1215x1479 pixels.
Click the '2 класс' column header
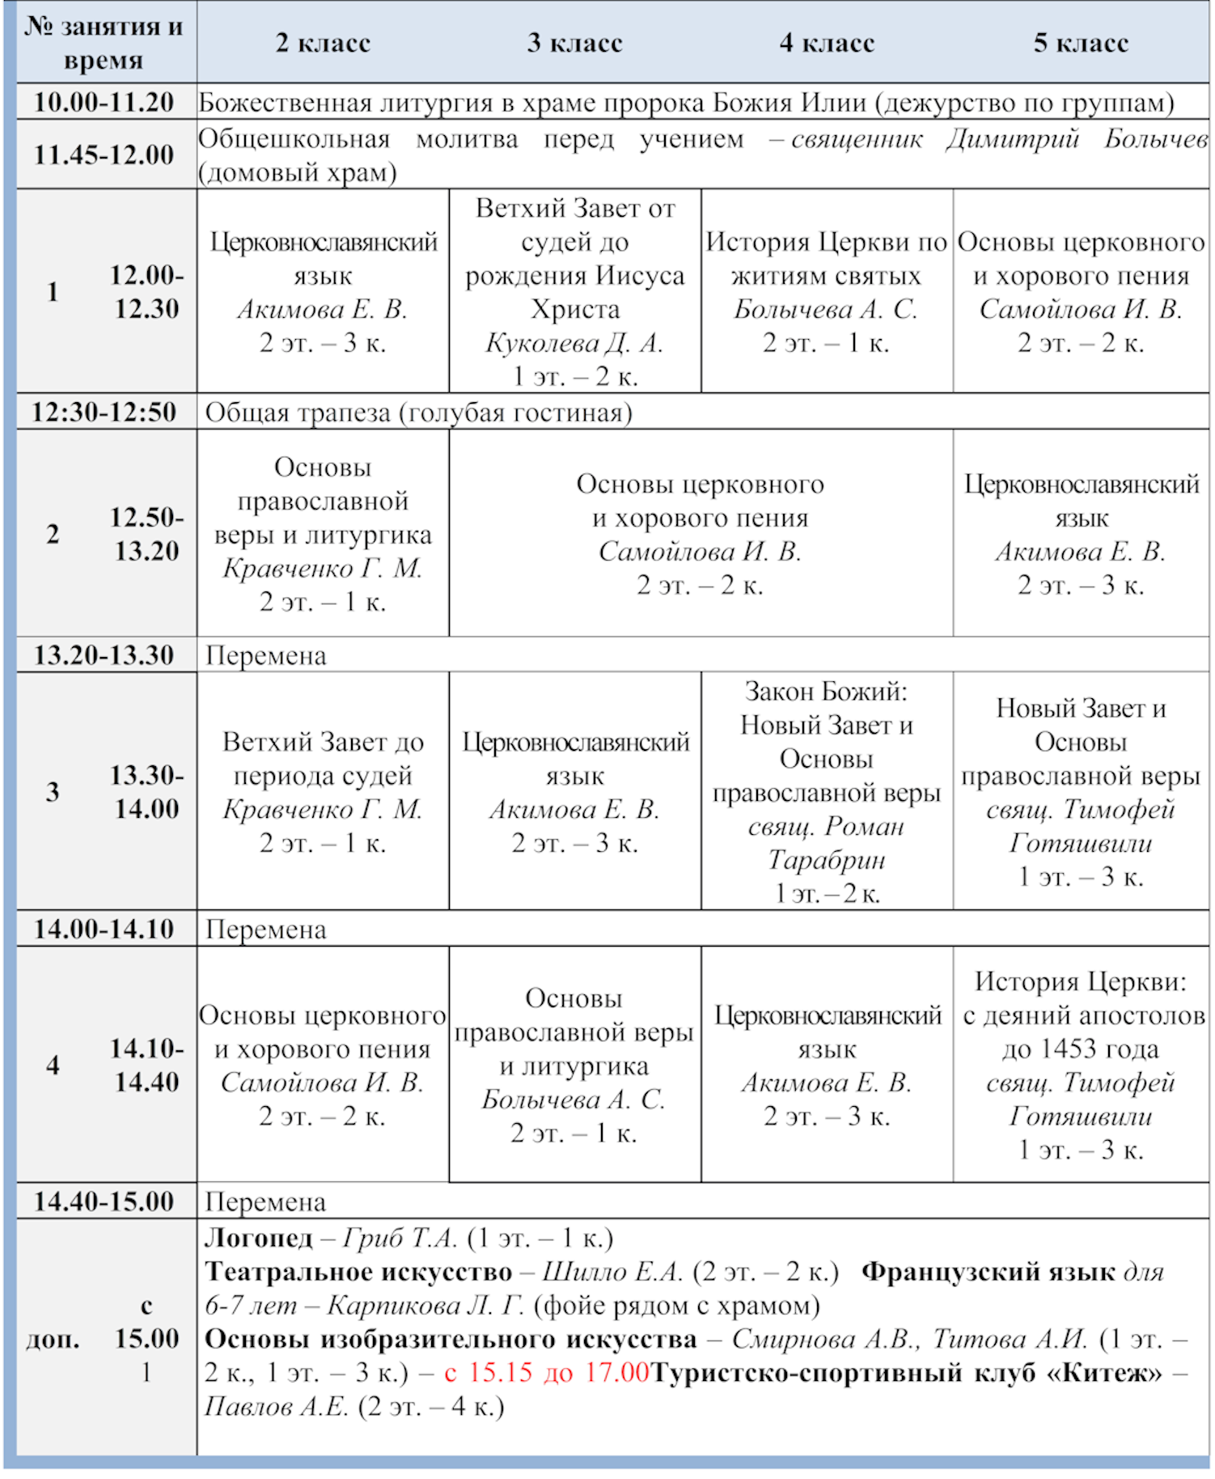(323, 43)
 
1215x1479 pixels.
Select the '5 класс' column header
(1081, 43)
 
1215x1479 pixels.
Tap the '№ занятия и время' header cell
(104, 43)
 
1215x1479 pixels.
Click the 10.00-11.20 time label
(104, 103)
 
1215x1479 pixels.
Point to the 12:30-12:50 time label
(104, 412)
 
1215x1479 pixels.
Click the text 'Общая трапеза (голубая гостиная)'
(418, 413)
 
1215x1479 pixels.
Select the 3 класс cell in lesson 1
(574, 292)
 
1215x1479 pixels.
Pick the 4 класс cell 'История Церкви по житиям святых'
(826, 292)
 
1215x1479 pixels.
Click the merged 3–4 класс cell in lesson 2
(700, 534)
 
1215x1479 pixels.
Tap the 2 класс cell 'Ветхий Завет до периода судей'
(323, 791)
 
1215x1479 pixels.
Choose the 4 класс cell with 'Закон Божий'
(826, 791)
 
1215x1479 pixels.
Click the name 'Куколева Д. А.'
(574, 343)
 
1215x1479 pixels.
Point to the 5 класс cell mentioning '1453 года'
(1081, 1065)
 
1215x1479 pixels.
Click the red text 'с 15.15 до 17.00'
(547, 1372)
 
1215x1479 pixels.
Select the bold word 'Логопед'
(258, 1238)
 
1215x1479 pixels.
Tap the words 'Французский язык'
(989, 1272)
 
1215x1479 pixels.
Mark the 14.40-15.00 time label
(104, 1201)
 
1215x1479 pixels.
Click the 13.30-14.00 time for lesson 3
(146, 792)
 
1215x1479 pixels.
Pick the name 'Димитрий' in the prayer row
(1013, 139)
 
